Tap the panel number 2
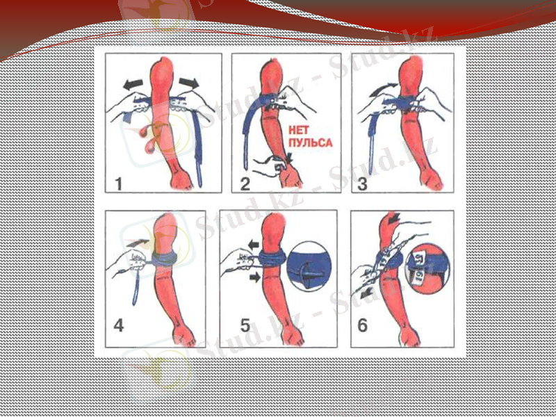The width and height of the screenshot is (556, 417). coord(244,184)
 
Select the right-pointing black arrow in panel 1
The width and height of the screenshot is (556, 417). coord(190,83)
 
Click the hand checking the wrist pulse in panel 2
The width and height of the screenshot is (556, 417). coord(269,165)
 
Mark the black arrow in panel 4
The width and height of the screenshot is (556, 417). coord(138,242)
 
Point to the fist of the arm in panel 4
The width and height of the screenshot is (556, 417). coord(183,337)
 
